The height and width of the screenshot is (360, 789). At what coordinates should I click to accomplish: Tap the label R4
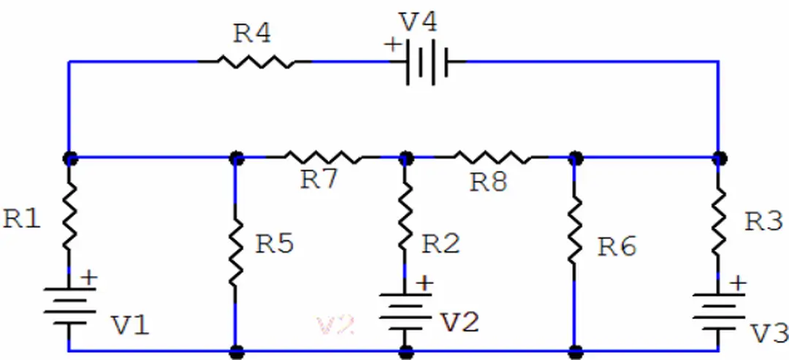(x=252, y=33)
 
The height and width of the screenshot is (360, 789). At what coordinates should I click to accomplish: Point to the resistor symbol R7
(x=322, y=156)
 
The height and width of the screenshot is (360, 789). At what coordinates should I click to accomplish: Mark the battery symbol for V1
(x=69, y=307)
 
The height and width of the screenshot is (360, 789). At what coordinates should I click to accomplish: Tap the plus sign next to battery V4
(x=393, y=45)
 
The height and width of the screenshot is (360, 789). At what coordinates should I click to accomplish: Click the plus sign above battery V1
(x=88, y=277)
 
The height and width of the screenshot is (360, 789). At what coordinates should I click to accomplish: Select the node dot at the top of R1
(x=69, y=156)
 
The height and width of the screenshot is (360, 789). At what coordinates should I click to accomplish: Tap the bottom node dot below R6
(x=575, y=351)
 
